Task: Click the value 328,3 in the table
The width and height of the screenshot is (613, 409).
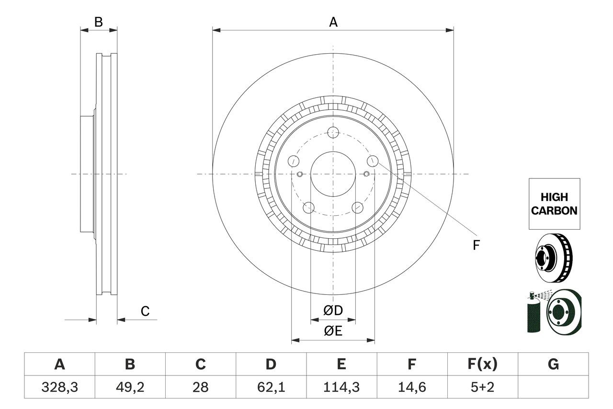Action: pyautogui.click(x=60, y=387)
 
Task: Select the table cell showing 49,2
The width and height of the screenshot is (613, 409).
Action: pyautogui.click(x=130, y=387)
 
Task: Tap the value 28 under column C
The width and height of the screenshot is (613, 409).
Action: pyautogui.click(x=201, y=387)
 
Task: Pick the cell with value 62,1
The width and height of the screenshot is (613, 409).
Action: pyautogui.click(x=271, y=387)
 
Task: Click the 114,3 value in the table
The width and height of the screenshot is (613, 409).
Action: pyautogui.click(x=341, y=387)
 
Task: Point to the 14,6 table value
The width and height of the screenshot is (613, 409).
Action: pyautogui.click(x=412, y=387)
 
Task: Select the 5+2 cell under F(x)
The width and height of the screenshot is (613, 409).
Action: pyautogui.click(x=482, y=387)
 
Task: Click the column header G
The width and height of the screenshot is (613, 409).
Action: pyautogui.click(x=553, y=364)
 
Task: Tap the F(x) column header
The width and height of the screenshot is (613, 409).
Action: pyautogui.click(x=482, y=364)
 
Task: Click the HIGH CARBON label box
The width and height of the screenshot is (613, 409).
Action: pyautogui.click(x=554, y=204)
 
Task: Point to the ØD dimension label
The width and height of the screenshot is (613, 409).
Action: pyautogui.click(x=333, y=311)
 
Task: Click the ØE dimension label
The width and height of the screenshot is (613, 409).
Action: pyautogui.click(x=333, y=331)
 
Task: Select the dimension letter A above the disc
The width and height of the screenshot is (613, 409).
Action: pyautogui.click(x=333, y=22)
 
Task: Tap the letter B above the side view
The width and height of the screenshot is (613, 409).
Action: pyautogui.click(x=99, y=22)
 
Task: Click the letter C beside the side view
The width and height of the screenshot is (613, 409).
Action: pyautogui.click(x=145, y=311)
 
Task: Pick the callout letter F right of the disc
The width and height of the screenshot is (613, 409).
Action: pyautogui.click(x=476, y=245)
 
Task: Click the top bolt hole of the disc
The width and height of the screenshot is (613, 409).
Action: pyautogui.click(x=333, y=133)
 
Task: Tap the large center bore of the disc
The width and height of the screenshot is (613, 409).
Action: pyautogui.click(x=333, y=174)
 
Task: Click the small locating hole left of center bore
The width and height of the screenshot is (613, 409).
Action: pyautogui.click(x=300, y=174)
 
